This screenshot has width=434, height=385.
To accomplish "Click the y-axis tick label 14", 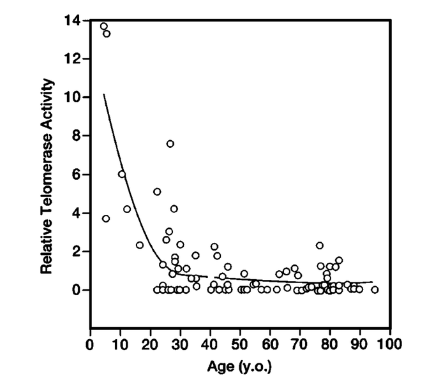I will pyautogui.click(x=72, y=21).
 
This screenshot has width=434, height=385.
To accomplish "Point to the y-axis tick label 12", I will pyautogui.click(x=72, y=59).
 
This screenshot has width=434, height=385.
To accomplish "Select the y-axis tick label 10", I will pyautogui.click(x=72, y=98).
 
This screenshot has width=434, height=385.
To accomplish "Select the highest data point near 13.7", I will pyautogui.click(x=103, y=26).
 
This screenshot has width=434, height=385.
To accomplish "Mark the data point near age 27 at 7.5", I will pyautogui.click(x=170, y=143).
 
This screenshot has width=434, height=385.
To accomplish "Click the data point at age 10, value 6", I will pyautogui.click(x=121, y=174).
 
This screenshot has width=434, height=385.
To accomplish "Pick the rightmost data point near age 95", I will pyautogui.click(x=375, y=289).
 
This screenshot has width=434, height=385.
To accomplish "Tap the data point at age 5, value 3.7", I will pyautogui.click(x=106, y=219).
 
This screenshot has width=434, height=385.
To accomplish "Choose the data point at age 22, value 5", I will pyautogui.click(x=157, y=191).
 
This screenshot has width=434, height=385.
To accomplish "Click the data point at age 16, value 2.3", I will pyautogui.click(x=140, y=245).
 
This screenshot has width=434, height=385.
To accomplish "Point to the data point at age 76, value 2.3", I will pyautogui.click(x=319, y=245).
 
